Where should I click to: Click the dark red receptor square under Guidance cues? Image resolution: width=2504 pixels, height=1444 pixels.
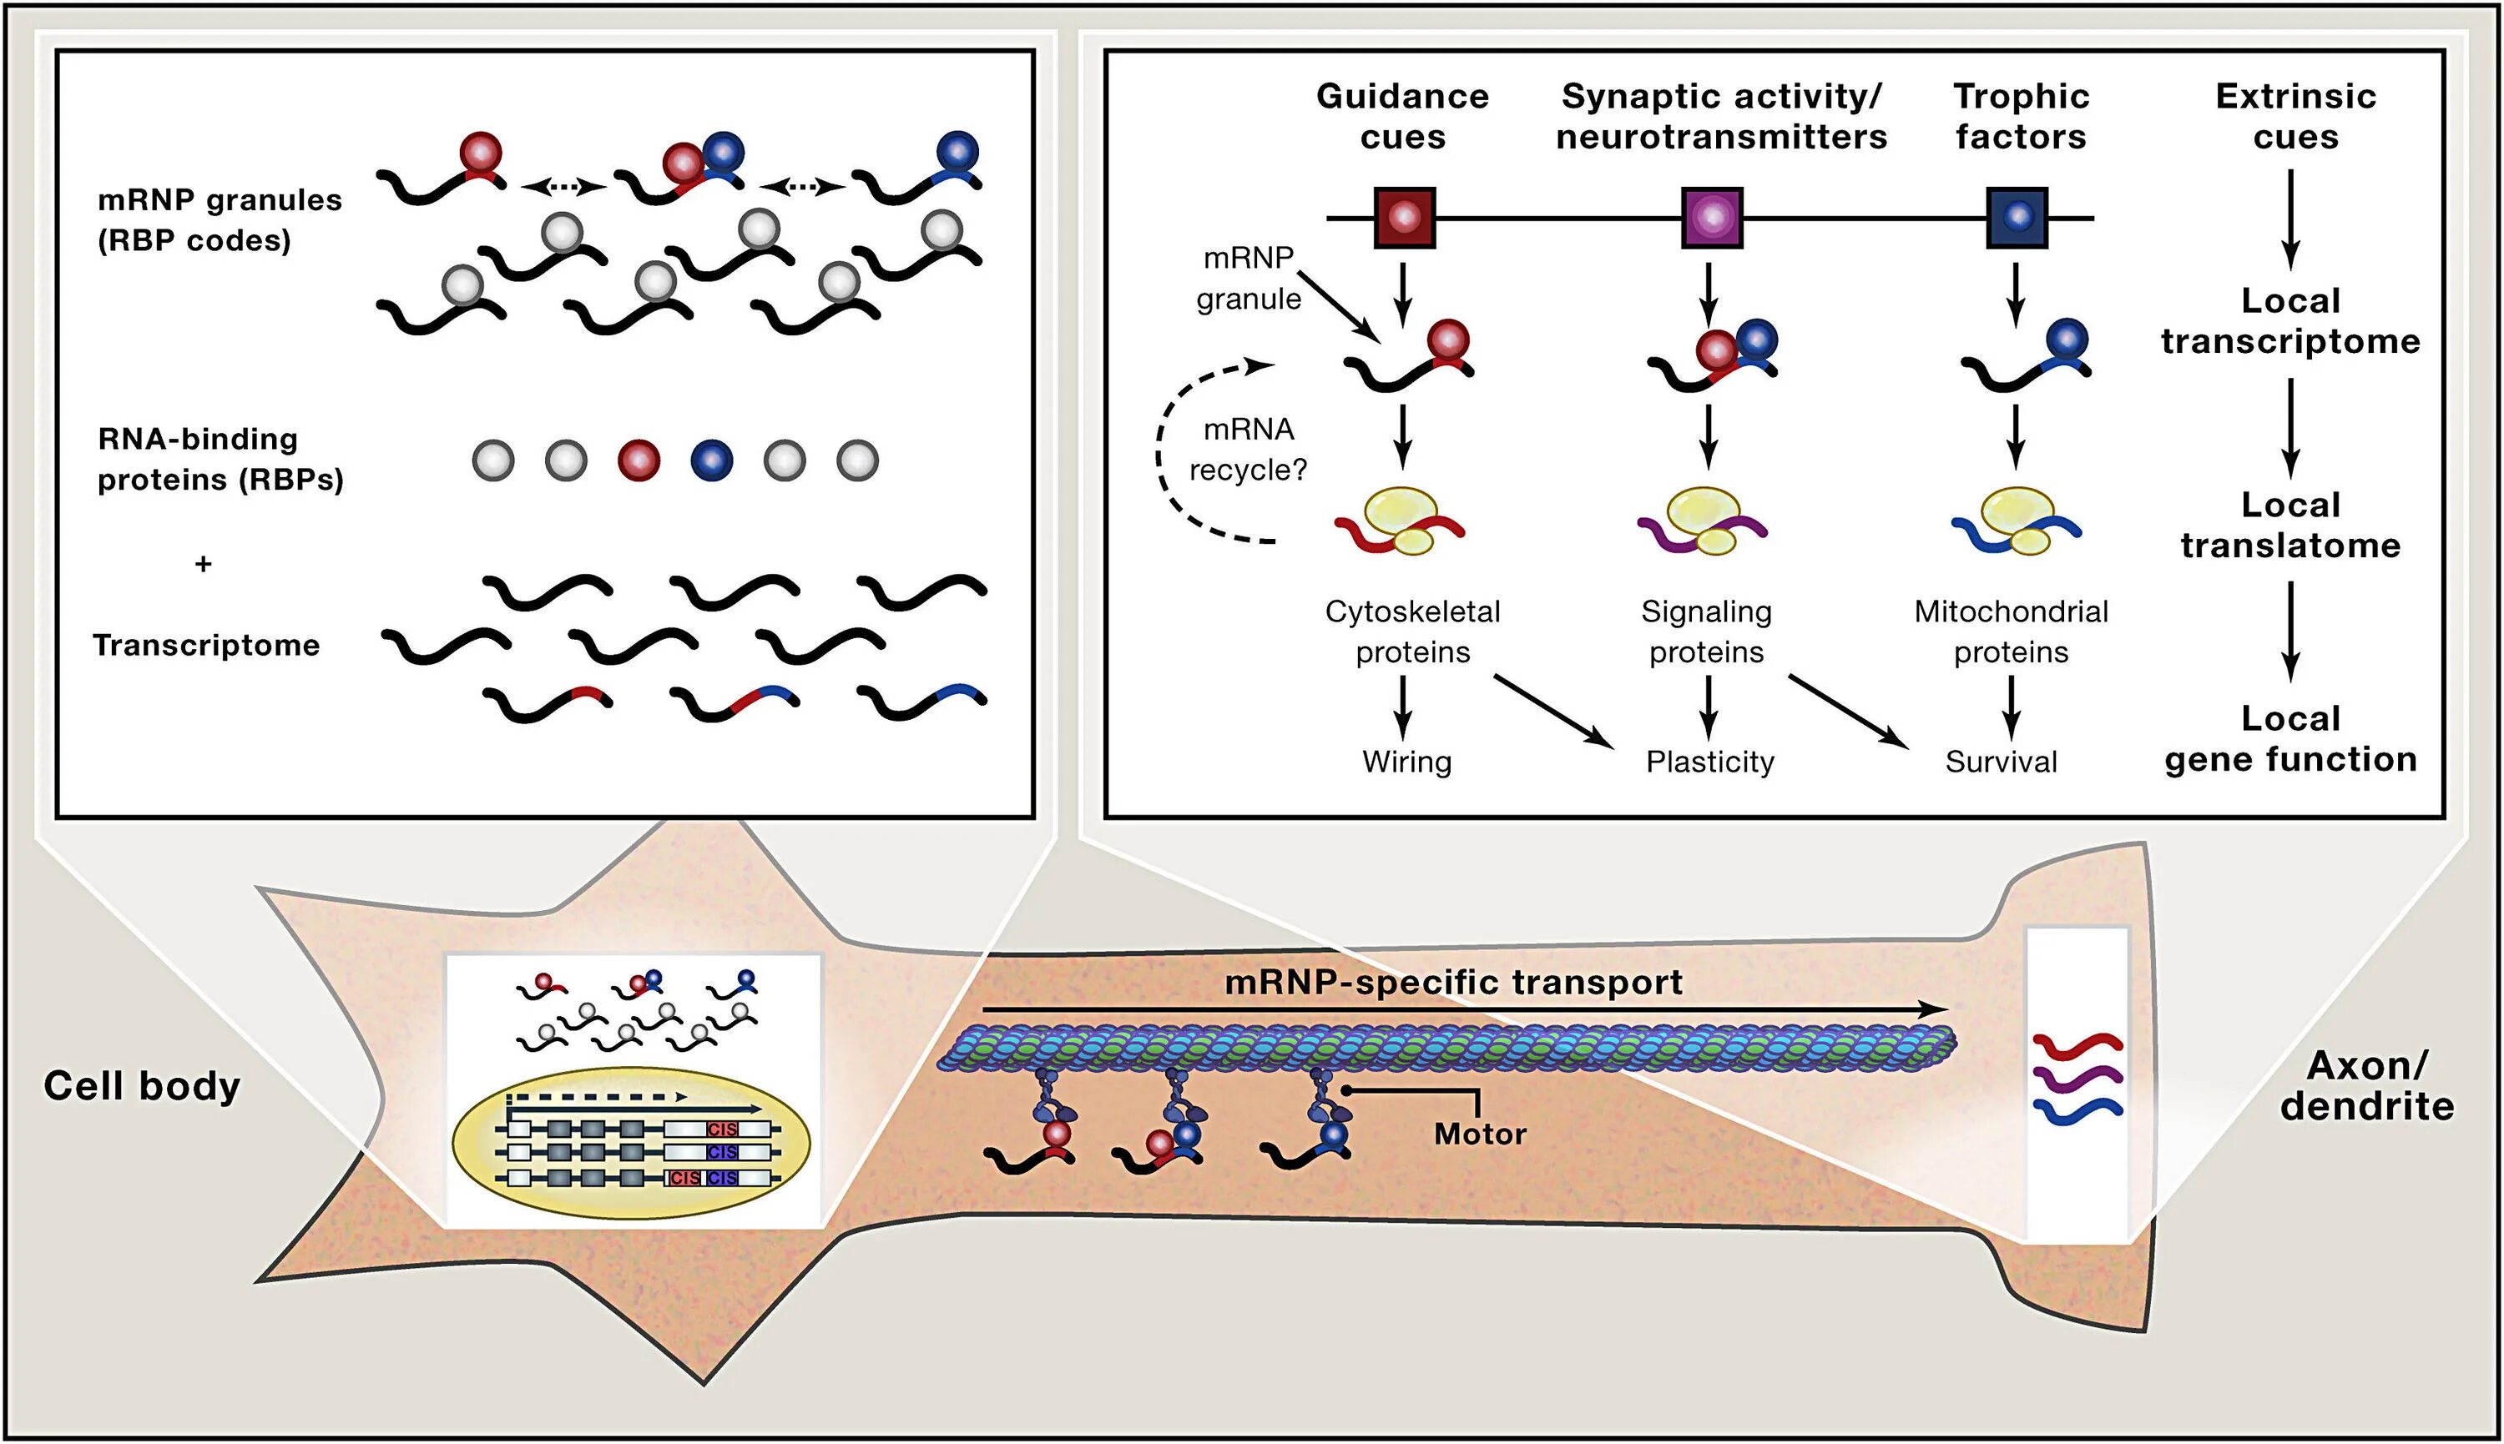[x=1404, y=217]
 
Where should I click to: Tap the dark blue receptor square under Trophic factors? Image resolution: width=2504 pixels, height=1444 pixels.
[x=2017, y=217]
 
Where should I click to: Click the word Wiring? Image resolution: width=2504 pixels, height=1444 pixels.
[x=1406, y=762]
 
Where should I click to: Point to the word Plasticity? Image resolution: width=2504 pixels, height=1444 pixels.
[x=1710, y=762]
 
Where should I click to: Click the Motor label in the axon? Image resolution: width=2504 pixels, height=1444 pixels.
[x=1480, y=1134]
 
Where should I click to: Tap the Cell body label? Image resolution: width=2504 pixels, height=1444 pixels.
[x=142, y=1086]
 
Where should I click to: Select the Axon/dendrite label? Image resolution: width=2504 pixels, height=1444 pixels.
[x=2367, y=1085]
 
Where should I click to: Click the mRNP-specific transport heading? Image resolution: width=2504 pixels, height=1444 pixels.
[x=1453, y=982]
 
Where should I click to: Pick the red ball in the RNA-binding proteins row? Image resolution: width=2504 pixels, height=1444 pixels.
[x=638, y=460]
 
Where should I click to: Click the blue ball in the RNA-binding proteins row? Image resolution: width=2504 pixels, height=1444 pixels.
[x=711, y=460]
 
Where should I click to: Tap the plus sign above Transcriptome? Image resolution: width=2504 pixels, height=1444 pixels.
[x=204, y=563]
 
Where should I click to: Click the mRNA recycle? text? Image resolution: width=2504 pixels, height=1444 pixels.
[x=1248, y=450]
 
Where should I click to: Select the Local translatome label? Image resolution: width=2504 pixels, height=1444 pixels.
[x=2290, y=525]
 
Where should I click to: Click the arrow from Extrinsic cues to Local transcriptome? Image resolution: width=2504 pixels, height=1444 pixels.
[x=2290, y=219]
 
